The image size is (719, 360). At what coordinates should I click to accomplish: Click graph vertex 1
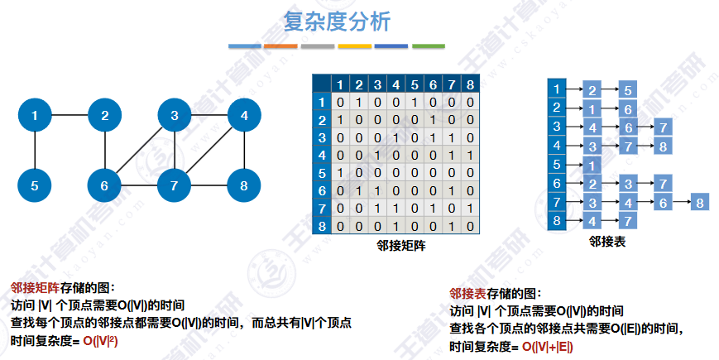point(35,116)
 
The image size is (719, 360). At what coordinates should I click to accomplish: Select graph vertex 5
point(35,185)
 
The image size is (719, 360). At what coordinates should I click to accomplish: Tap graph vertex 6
point(104,185)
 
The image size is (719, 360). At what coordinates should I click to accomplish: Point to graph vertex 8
point(243,185)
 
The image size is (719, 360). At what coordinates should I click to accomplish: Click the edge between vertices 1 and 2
point(70,116)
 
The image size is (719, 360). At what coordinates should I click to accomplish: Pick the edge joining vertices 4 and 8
point(243,151)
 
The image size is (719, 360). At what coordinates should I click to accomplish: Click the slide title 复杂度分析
point(336,21)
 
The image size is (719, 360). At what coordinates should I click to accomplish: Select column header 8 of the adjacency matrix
point(469,84)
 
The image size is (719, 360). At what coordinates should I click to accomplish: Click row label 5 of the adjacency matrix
point(322,174)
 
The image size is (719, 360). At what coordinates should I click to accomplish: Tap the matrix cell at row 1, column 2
point(358,102)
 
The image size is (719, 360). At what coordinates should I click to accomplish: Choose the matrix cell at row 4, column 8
point(469,156)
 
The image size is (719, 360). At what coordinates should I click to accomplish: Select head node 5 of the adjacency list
point(557,165)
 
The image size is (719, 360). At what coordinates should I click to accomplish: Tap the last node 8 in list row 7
point(700,202)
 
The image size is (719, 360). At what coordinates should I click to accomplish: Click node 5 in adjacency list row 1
point(628,89)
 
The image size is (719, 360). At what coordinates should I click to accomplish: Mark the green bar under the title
point(429,46)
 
